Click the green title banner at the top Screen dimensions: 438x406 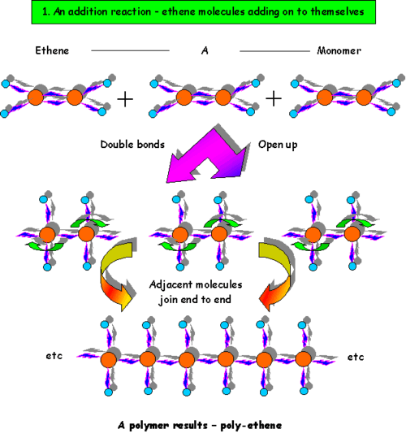click(x=203, y=14)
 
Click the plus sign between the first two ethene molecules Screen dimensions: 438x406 click(x=126, y=98)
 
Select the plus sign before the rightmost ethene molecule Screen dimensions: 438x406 click(x=274, y=98)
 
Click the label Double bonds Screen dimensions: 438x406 click(x=133, y=145)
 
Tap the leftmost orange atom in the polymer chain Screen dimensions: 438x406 click(x=107, y=358)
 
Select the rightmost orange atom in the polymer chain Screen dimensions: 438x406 click(x=303, y=358)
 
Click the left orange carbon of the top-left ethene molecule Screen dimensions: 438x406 click(x=36, y=98)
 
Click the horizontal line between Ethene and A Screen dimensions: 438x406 click(x=130, y=50)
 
